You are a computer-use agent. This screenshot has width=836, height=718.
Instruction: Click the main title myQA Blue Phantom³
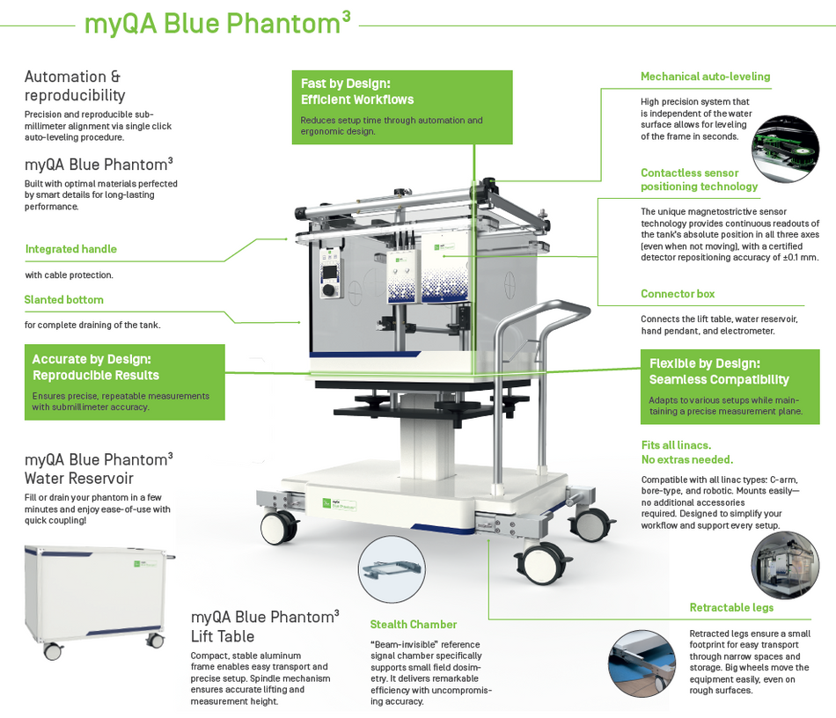pos(216,23)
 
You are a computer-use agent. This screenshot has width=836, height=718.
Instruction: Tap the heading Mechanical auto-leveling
pos(705,77)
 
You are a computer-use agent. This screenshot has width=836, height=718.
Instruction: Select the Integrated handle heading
pos(70,249)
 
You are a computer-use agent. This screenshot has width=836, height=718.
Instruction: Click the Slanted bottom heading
pos(63,300)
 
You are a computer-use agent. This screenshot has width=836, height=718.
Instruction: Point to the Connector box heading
pos(677,294)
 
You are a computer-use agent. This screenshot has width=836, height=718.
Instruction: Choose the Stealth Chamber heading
pos(413,625)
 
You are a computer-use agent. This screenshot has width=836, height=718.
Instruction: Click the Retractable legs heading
pos(731,608)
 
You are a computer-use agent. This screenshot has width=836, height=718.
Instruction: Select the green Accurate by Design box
pos(124,382)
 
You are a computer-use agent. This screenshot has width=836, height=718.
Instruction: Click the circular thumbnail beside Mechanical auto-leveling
pos(785,149)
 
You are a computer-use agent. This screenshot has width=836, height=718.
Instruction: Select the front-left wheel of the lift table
pos(276,527)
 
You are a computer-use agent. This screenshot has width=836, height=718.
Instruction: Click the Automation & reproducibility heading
pos(75,86)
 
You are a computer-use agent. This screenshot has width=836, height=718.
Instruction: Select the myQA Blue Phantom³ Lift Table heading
pos(265,626)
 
